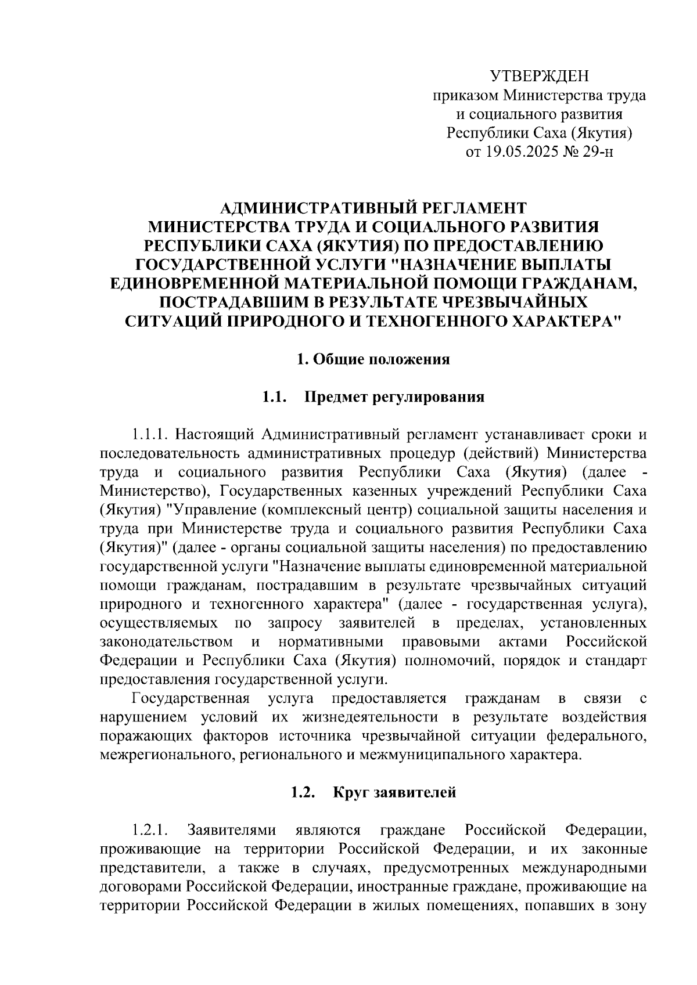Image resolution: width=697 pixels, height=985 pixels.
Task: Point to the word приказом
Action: [x=465, y=96]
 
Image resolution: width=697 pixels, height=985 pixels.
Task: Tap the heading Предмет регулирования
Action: [x=394, y=398]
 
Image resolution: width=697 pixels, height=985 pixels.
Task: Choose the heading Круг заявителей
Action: [x=394, y=793]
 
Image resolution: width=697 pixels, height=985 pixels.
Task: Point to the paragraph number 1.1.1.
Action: [x=150, y=434]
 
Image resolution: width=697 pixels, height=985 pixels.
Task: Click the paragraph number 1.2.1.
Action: [x=150, y=830]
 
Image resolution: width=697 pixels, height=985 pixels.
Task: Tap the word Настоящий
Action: [x=214, y=434]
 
